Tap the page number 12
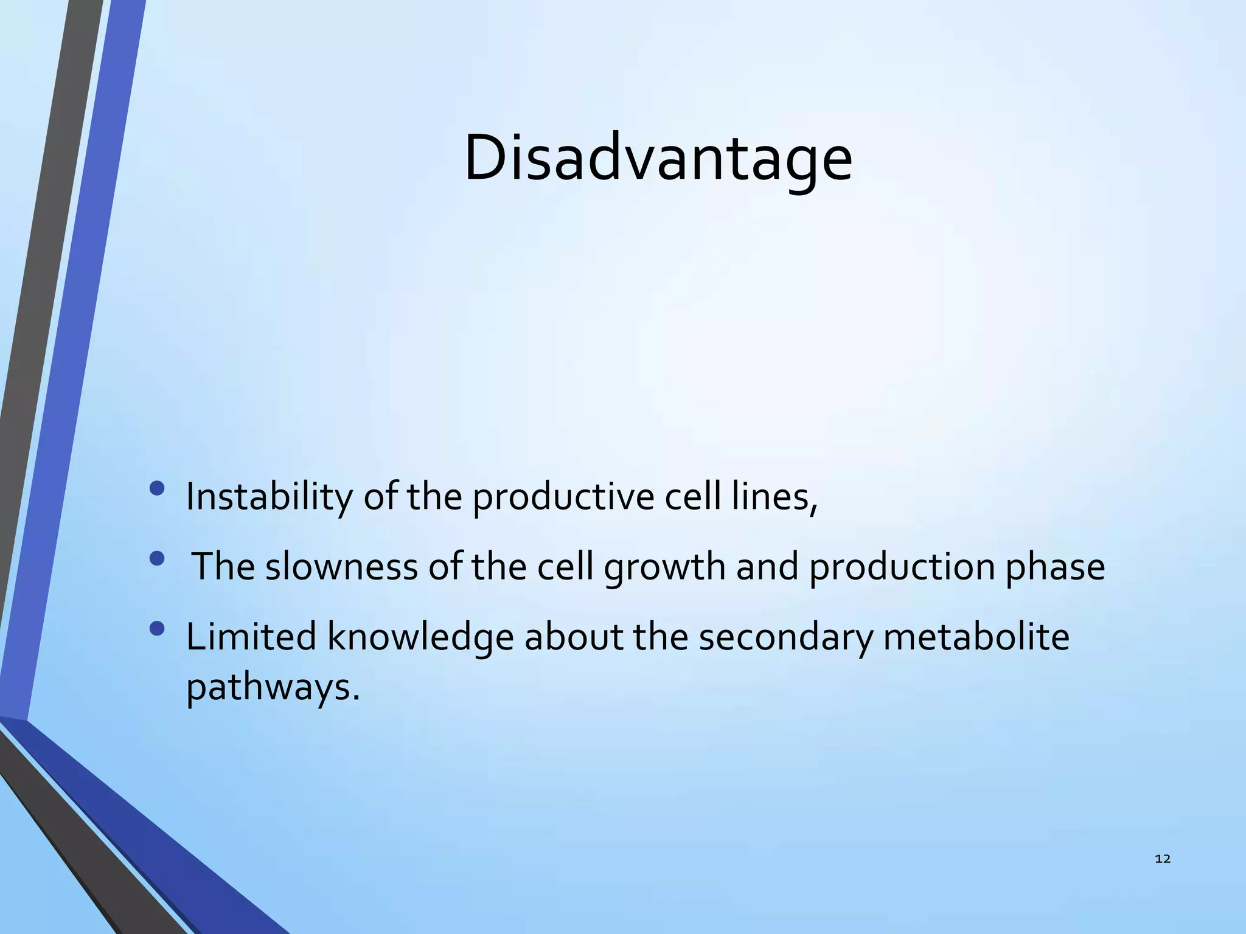pos(1162,859)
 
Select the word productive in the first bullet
pos(562,497)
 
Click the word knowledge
pos(420,638)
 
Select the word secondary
pos(785,638)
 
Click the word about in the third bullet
pos(574,637)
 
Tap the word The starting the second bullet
pos(223,567)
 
